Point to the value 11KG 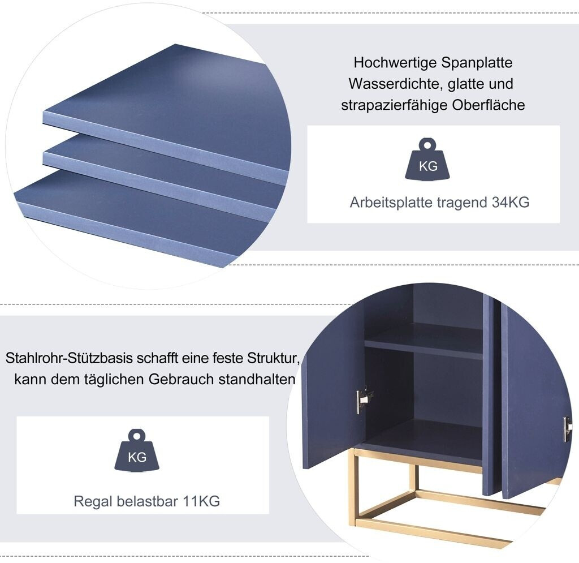click(201, 501)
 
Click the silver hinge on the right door click(567, 428)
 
